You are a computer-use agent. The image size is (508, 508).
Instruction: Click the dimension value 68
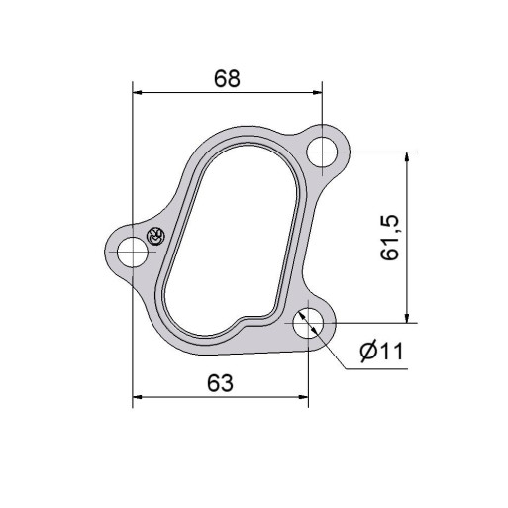(227, 79)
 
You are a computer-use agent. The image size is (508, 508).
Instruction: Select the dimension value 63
(220, 382)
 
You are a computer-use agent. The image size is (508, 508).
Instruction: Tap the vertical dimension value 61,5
(390, 239)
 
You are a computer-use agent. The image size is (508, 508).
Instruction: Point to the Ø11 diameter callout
(381, 351)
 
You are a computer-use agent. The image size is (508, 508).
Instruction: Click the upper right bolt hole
(322, 152)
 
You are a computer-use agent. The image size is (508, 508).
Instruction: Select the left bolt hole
(133, 252)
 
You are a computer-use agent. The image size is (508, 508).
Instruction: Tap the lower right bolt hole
(308, 323)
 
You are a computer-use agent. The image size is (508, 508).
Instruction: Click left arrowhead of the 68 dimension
(138, 93)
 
